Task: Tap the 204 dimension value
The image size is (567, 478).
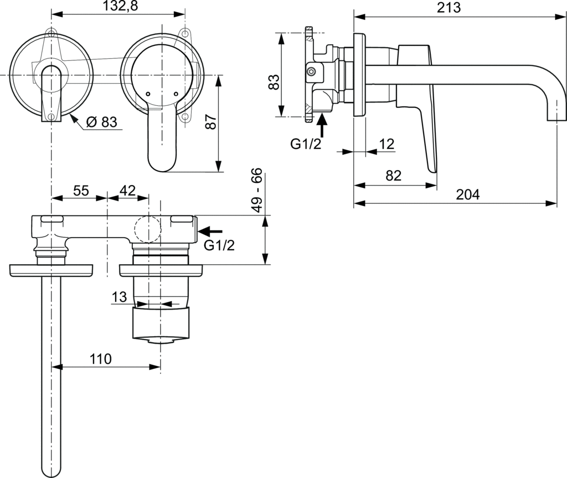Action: pyautogui.click(x=467, y=194)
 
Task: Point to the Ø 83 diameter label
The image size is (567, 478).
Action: pyautogui.click(x=102, y=122)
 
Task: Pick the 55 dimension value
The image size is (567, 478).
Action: pyautogui.click(x=81, y=191)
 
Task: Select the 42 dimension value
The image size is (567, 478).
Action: pyautogui.click(x=128, y=191)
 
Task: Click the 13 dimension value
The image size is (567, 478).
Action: pyautogui.click(x=119, y=297)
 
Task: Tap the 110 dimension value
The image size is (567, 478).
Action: pyautogui.click(x=101, y=358)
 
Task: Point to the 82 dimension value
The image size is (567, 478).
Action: pyautogui.click(x=393, y=176)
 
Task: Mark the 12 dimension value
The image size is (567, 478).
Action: pyautogui.click(x=386, y=145)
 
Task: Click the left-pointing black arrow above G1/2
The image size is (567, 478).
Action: pyautogui.click(x=210, y=230)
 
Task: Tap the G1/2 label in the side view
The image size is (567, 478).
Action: pyautogui.click(x=306, y=145)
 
